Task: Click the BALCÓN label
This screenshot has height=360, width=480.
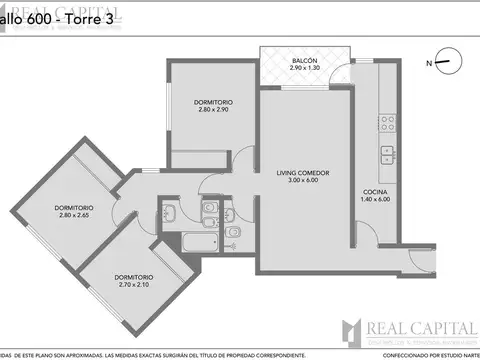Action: (305, 62)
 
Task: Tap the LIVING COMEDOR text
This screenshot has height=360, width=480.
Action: (303, 173)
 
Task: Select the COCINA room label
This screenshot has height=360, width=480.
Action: (374, 191)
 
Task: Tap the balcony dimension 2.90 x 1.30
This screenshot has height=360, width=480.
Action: (305, 70)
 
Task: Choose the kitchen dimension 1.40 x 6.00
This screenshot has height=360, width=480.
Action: (374, 199)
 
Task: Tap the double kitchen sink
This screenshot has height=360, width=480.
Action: (385, 156)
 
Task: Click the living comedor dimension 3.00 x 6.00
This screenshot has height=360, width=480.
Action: (303, 181)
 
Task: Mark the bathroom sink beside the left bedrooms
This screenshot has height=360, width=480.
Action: (167, 212)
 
